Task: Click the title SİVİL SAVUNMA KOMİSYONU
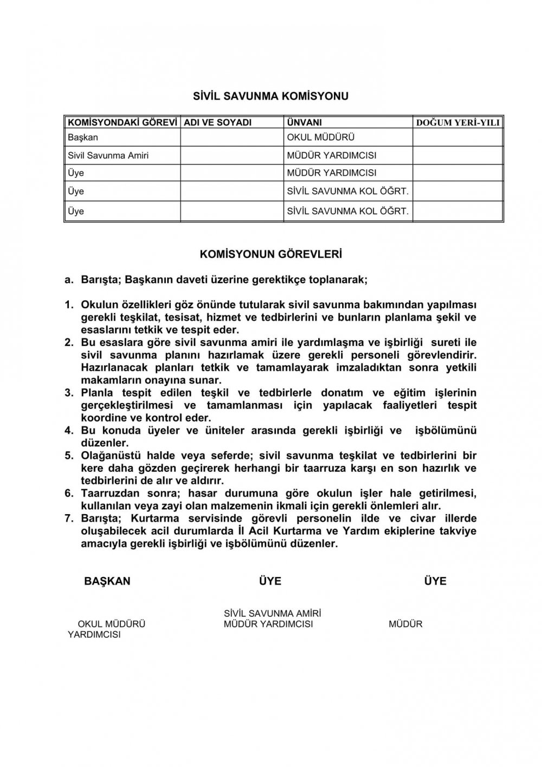271,97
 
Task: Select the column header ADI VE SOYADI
218,123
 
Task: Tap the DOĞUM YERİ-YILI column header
457,123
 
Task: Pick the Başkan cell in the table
83,138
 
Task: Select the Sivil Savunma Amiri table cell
108,156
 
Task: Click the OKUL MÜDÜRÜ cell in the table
320,138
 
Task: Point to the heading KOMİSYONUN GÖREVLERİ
271,254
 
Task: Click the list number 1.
68,305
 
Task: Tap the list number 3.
68,393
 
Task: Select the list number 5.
68,456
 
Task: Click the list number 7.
68,519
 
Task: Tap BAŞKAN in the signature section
107,581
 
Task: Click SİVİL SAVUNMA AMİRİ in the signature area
272,613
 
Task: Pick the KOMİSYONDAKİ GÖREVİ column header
122,123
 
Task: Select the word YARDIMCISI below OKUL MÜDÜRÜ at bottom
94,635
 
